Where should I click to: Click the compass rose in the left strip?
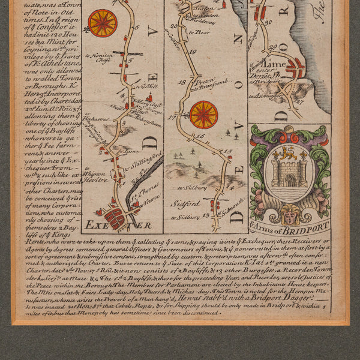coord(103,23)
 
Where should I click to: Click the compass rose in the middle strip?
coord(203,115)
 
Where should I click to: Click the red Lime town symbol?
coord(295,68)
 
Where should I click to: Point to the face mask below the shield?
coord(290,212)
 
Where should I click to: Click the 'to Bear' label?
coord(202,28)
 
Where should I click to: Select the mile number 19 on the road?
coord(193,52)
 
